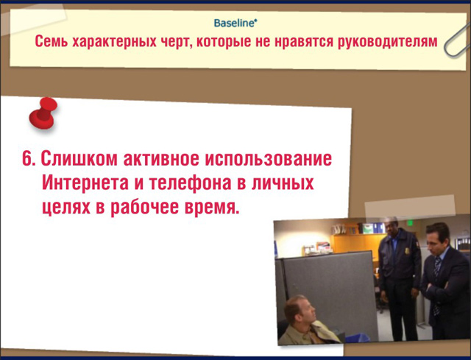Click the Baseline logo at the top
click(x=235, y=23)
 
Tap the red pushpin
click(x=43, y=113)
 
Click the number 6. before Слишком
click(x=29, y=158)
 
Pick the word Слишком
click(x=79, y=158)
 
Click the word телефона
click(x=190, y=183)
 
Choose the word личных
click(x=283, y=183)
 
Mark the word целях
click(x=66, y=208)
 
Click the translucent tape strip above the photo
click(x=410, y=208)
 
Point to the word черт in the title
click(x=174, y=41)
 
